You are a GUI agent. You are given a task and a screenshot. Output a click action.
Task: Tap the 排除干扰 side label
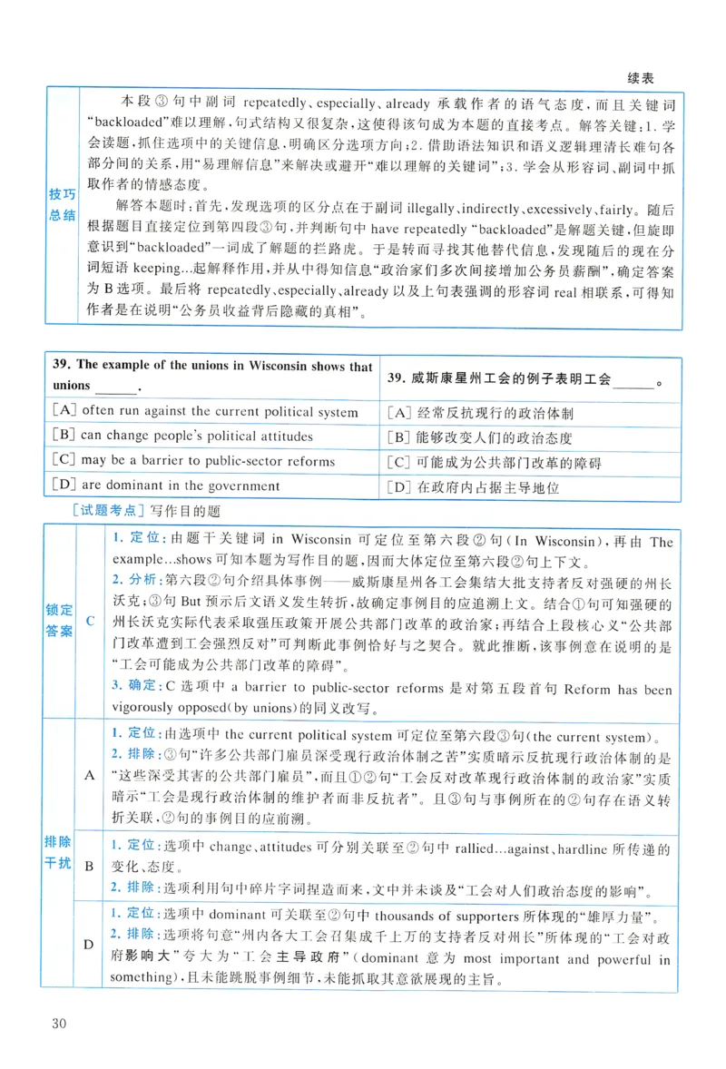click(59, 852)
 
